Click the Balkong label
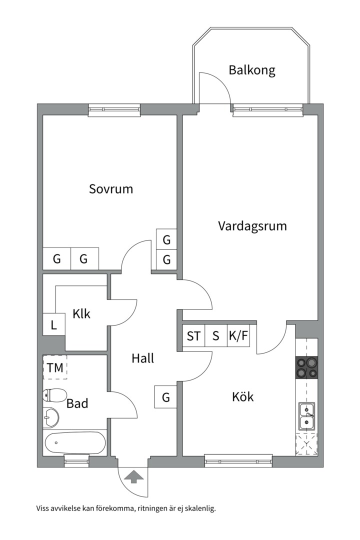(x=252, y=70)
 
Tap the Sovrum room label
(x=111, y=189)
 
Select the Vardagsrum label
(x=252, y=225)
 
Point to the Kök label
(x=243, y=397)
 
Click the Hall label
(x=142, y=358)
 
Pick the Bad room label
(x=77, y=403)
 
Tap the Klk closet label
(x=81, y=314)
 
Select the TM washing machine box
(x=55, y=368)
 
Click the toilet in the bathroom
(x=54, y=395)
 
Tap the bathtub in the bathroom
(x=75, y=442)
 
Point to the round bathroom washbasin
(x=50, y=415)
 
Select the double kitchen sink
(x=306, y=416)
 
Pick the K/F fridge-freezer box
(x=238, y=335)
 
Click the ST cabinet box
(x=193, y=335)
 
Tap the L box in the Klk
(x=54, y=326)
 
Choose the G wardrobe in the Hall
(x=166, y=397)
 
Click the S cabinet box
(x=216, y=335)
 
